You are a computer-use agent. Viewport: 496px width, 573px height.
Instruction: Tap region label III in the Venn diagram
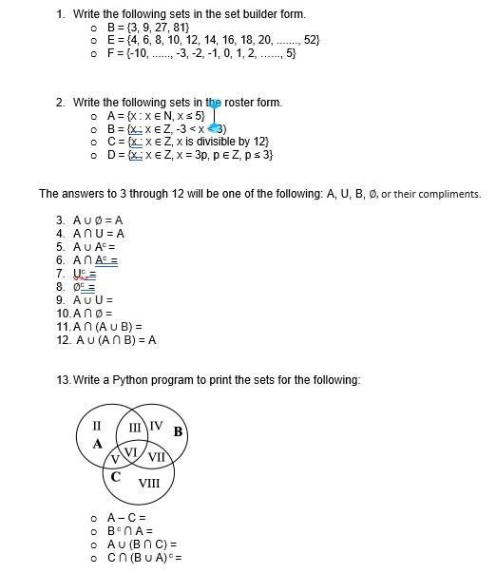135,427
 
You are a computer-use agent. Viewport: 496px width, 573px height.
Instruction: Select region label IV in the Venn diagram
156,425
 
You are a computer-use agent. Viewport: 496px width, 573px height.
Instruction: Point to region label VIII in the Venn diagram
149,484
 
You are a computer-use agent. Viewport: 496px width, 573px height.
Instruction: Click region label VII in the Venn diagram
158,457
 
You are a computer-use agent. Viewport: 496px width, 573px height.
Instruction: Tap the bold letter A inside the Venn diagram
97,444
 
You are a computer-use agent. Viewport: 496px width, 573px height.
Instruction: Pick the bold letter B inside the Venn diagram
177,432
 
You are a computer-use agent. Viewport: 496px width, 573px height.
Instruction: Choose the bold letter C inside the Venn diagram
115,477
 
